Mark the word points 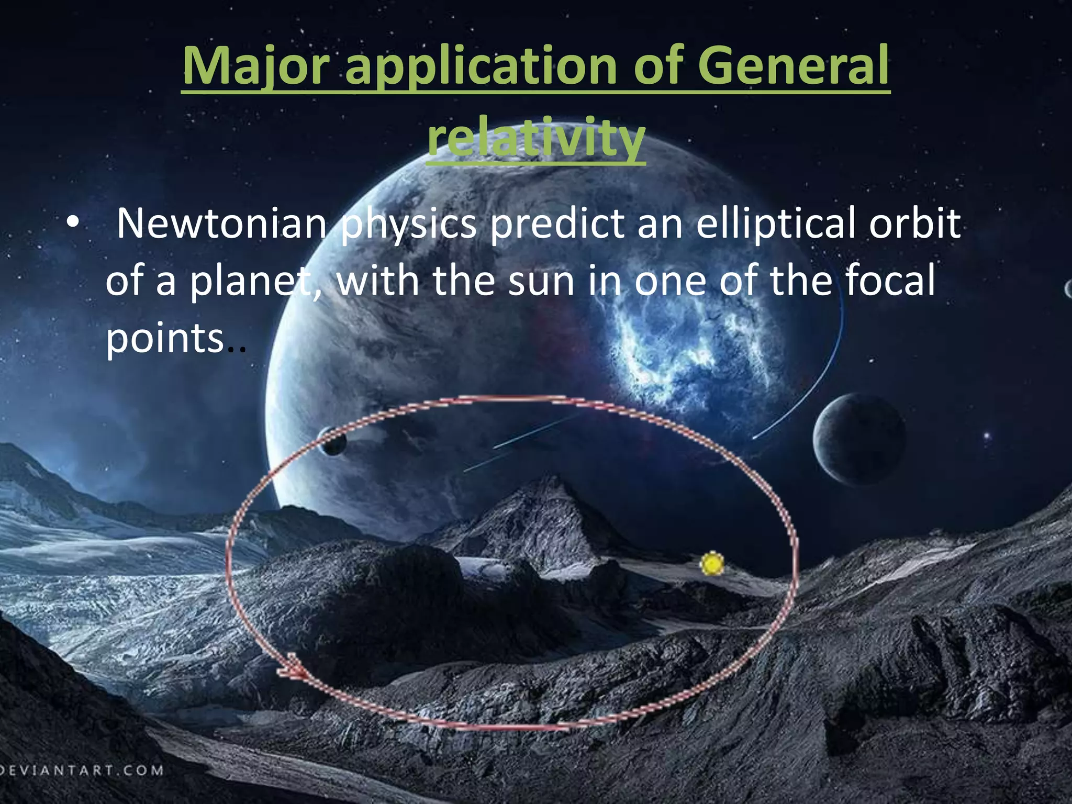(x=165, y=339)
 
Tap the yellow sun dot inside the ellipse (x=712, y=564)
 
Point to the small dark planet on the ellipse (x=333, y=441)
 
